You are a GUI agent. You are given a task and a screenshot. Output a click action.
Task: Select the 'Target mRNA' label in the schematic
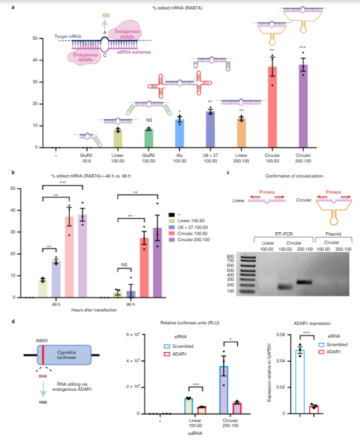click(x=68, y=37)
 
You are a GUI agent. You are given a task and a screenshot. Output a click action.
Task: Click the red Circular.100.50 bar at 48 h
click(x=69, y=257)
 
